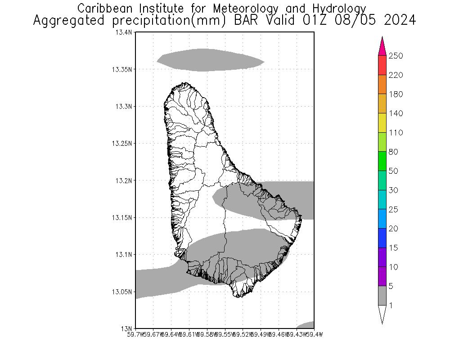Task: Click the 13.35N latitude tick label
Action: pos(122,69)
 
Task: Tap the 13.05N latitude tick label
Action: pos(122,292)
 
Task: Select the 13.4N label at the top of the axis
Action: pos(124,32)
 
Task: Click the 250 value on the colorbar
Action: pos(396,56)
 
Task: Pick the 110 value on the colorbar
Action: pos(396,133)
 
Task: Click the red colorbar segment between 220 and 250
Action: pos(382,65)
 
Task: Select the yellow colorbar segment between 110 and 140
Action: pos(382,123)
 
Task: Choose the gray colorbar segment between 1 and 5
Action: pos(382,296)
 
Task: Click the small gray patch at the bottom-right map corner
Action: pos(307,325)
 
